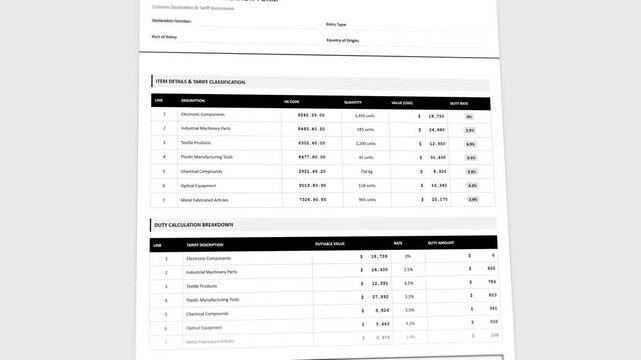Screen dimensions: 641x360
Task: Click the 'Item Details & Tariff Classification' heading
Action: coord(200,82)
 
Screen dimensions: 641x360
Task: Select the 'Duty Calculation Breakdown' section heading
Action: coord(194,225)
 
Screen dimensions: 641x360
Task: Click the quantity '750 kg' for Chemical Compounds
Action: coord(367,171)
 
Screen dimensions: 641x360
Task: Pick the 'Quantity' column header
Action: coord(353,102)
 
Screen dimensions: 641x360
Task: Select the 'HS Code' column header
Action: coord(292,102)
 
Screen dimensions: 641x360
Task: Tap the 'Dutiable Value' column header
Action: coord(330,243)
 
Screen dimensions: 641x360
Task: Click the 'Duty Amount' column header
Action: coord(441,243)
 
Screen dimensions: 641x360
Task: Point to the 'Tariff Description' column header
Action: coord(205,244)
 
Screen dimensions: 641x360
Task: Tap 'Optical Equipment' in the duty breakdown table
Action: coord(204,327)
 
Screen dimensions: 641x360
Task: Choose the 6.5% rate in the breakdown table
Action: coord(409,283)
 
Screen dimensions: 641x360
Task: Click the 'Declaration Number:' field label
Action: coord(172,20)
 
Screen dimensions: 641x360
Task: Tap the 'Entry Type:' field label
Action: coord(336,23)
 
